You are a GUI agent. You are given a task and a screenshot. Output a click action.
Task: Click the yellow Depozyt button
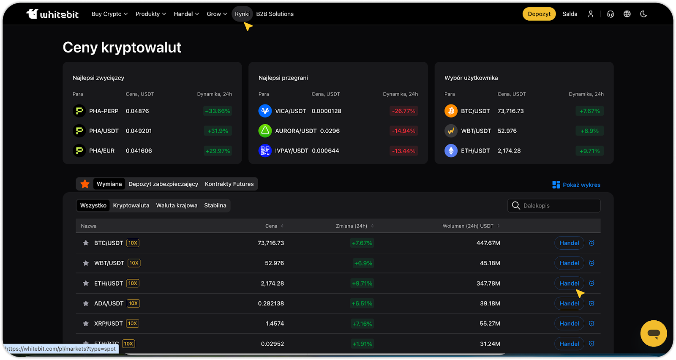coord(539,14)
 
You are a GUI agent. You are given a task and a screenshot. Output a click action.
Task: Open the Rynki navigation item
coord(242,14)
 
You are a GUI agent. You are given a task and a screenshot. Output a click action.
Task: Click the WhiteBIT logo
coord(52,14)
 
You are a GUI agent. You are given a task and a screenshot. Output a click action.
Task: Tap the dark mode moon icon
coord(643,14)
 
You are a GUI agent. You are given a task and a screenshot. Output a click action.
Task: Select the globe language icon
coord(627,14)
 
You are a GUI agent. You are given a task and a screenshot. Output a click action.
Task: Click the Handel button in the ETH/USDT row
coord(569,284)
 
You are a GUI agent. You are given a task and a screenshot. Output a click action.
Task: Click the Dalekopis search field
coord(558,206)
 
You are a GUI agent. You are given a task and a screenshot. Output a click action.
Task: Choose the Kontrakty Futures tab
coord(229,184)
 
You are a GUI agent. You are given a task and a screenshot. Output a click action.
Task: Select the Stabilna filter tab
coord(215,206)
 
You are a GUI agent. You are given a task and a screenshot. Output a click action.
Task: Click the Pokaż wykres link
coord(576,185)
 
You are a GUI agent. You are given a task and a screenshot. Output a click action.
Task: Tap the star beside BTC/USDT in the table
coord(86,243)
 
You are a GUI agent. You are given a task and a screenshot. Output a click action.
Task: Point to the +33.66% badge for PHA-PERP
coord(218,111)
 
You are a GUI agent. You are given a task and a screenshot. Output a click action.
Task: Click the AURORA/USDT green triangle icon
coord(265,131)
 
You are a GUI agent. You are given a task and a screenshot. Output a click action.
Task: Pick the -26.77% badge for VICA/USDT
coord(403,111)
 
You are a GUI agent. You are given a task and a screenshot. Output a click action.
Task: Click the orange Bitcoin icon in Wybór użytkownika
coord(451,111)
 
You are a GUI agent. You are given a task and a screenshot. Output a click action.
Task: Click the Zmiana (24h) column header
coord(352,226)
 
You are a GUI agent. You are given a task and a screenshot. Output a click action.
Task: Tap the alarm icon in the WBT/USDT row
coord(591,263)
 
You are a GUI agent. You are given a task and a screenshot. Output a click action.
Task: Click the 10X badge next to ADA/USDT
coord(133,303)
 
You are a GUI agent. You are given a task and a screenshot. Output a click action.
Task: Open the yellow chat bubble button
coord(653,333)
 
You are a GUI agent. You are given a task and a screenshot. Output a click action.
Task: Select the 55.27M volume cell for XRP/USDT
coord(490,324)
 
